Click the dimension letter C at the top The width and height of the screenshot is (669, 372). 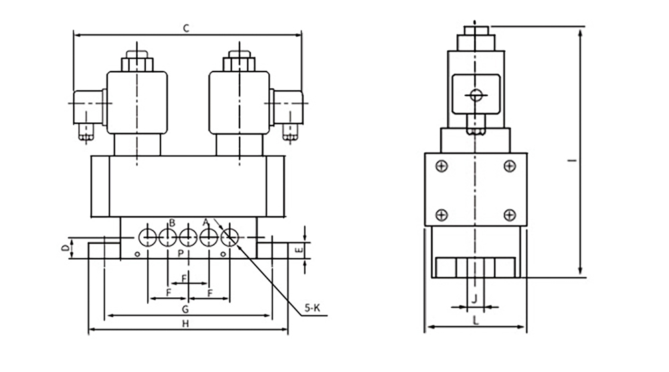coord(186,29)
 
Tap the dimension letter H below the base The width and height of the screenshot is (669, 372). coord(185,324)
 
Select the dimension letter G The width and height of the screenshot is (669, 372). coord(185,309)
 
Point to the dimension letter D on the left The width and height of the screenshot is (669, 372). coord(65,248)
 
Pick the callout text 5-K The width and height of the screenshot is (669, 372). coord(312,308)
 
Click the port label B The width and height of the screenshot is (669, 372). coord(172,222)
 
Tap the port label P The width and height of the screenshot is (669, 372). coord(181,254)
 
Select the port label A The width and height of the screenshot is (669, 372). coord(205,222)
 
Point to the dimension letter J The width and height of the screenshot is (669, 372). coord(474,299)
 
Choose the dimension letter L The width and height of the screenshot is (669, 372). coord(476,321)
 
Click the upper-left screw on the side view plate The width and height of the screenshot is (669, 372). coord(442,166)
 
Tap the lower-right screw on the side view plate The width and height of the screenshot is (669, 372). coord(510,215)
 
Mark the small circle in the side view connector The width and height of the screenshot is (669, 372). coord(476,95)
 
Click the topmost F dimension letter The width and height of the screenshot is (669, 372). coord(185,278)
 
